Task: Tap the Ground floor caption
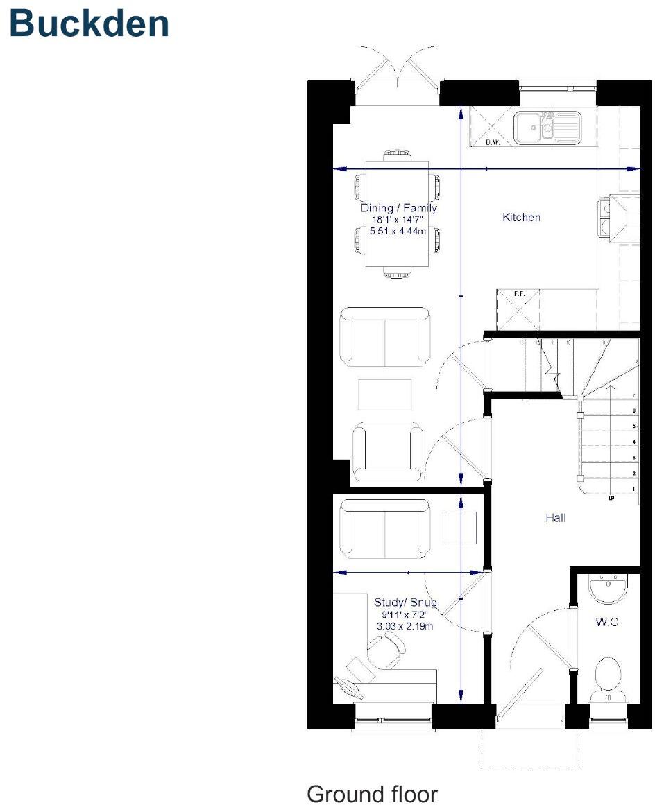click(x=372, y=793)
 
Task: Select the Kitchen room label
click(x=521, y=218)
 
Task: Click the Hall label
click(x=556, y=517)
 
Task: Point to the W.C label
click(x=606, y=623)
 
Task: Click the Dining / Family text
click(x=399, y=208)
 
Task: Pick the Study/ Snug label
click(x=405, y=602)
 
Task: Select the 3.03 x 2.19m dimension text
click(x=405, y=625)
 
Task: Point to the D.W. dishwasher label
click(x=493, y=143)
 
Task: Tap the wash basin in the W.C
click(x=608, y=589)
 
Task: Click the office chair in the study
click(x=385, y=652)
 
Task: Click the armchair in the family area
click(x=388, y=453)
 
